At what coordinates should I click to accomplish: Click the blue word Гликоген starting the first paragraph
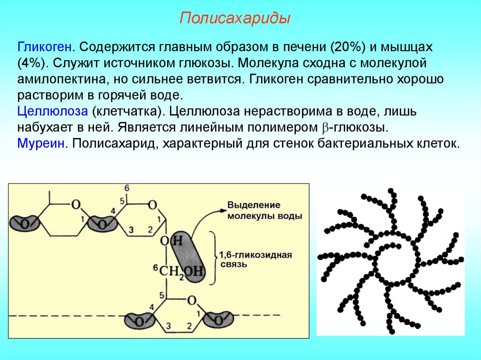[45, 47]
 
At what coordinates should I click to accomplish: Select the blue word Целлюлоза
[53, 112]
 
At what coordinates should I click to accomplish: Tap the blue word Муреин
[41, 143]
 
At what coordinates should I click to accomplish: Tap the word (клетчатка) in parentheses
[127, 112]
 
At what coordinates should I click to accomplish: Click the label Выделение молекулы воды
[264, 211]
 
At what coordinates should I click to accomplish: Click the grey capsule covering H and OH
[188, 256]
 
